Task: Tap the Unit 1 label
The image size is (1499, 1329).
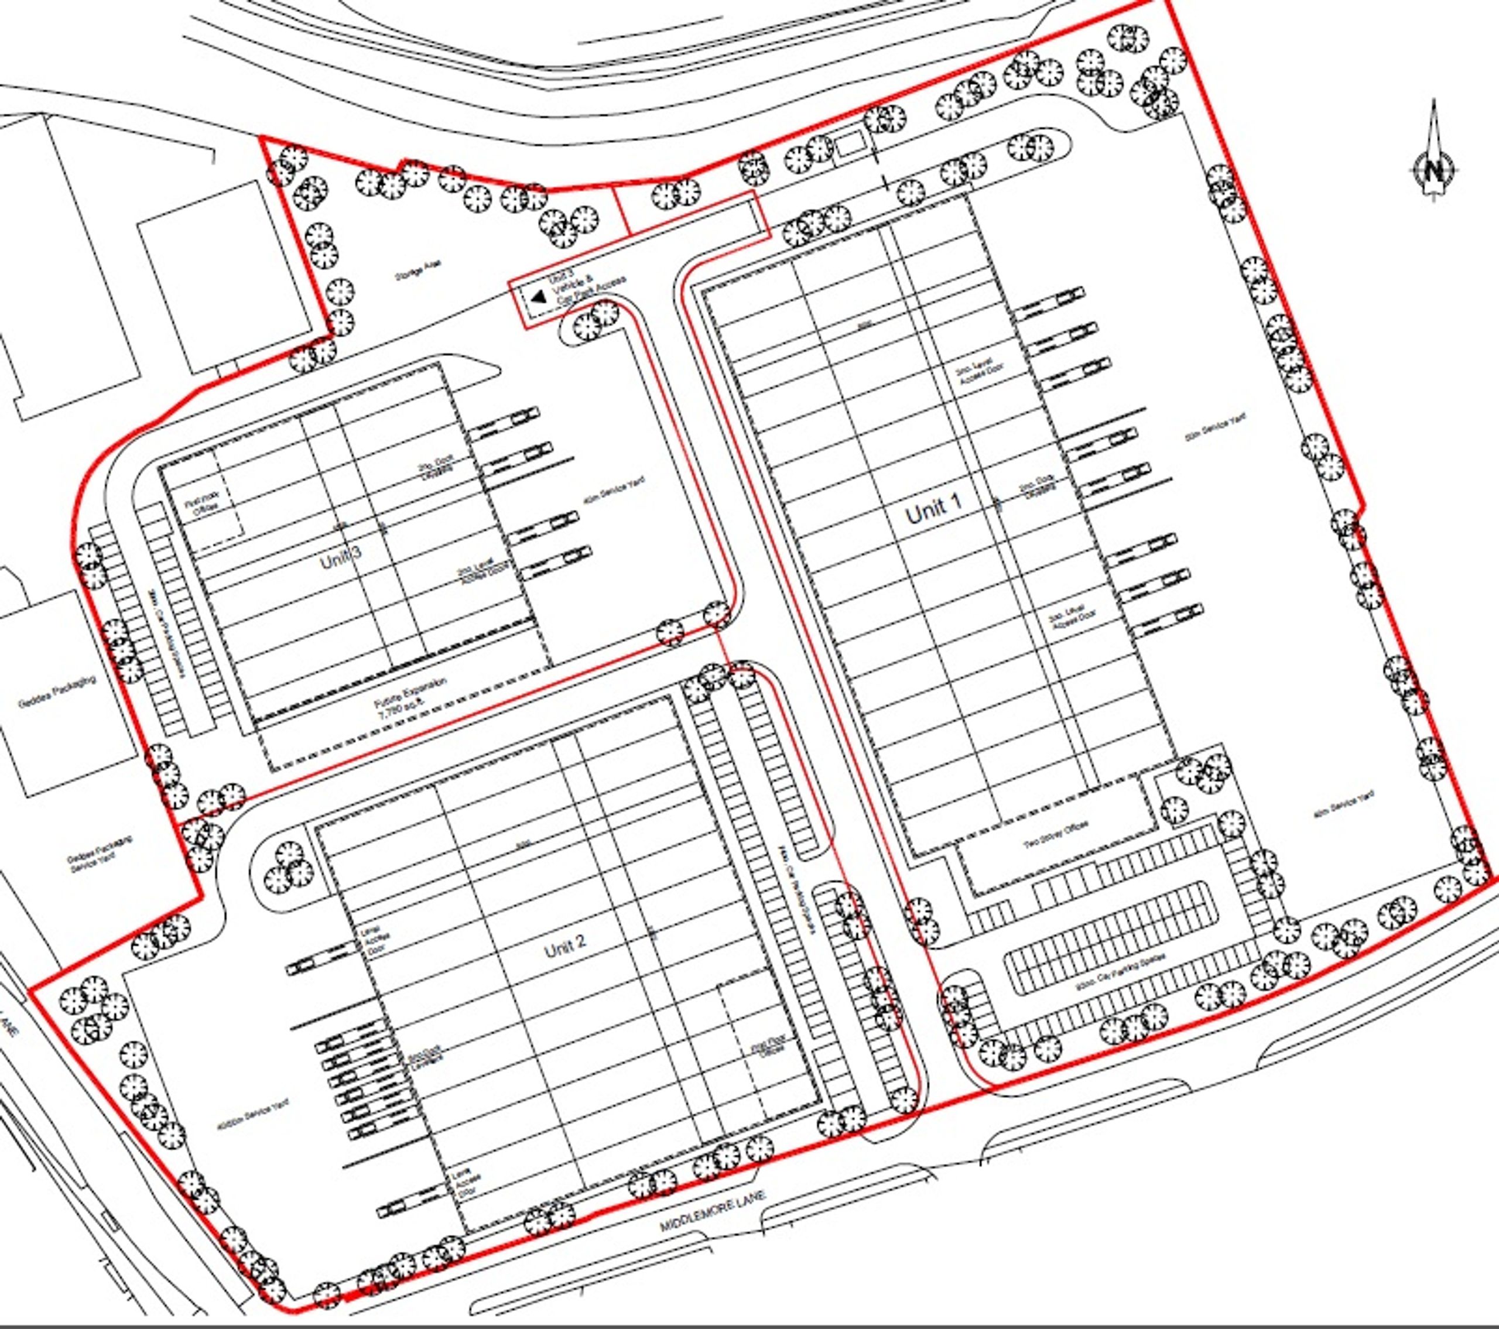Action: pyautogui.click(x=933, y=508)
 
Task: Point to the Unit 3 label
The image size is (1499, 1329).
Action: pyautogui.click(x=340, y=561)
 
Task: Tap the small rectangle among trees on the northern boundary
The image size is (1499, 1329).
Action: pyautogui.click(x=851, y=146)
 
